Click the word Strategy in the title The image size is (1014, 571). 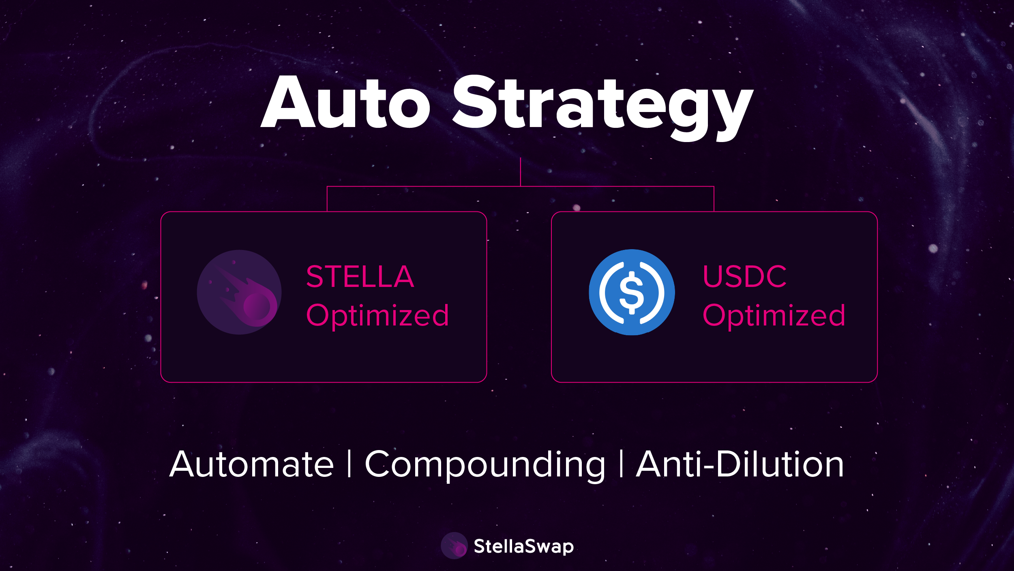(x=603, y=108)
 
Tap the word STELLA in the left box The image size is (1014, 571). (x=360, y=277)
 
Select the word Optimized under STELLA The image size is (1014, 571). (x=377, y=316)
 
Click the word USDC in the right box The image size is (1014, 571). (x=745, y=277)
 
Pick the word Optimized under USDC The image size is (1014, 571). (x=774, y=316)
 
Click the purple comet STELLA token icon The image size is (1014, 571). (x=239, y=292)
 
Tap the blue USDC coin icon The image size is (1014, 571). (x=632, y=292)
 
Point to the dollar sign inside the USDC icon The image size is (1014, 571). (x=632, y=293)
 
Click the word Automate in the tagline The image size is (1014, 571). (x=252, y=464)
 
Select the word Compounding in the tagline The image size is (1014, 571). (x=485, y=466)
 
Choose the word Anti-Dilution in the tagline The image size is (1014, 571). (x=740, y=464)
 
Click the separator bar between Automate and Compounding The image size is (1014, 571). (x=349, y=464)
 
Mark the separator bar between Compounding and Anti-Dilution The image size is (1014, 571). (x=621, y=464)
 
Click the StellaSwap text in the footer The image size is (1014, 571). (x=524, y=547)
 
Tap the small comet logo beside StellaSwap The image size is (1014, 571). (x=454, y=545)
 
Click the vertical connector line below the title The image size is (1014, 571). (x=521, y=172)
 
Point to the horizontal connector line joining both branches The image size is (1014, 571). (x=521, y=187)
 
